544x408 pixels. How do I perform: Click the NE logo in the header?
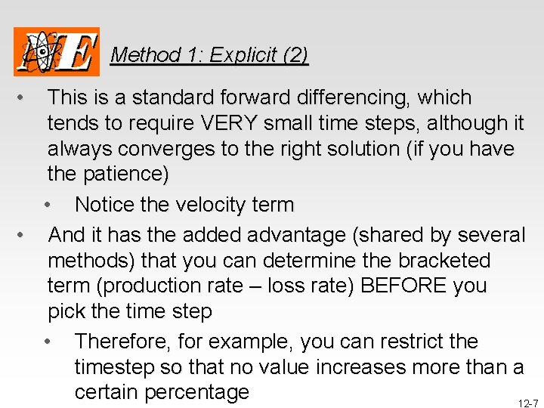(56, 51)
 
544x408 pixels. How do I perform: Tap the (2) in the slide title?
(295, 55)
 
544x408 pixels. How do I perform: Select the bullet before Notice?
(48, 206)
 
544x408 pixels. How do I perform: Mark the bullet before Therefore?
(48, 342)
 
